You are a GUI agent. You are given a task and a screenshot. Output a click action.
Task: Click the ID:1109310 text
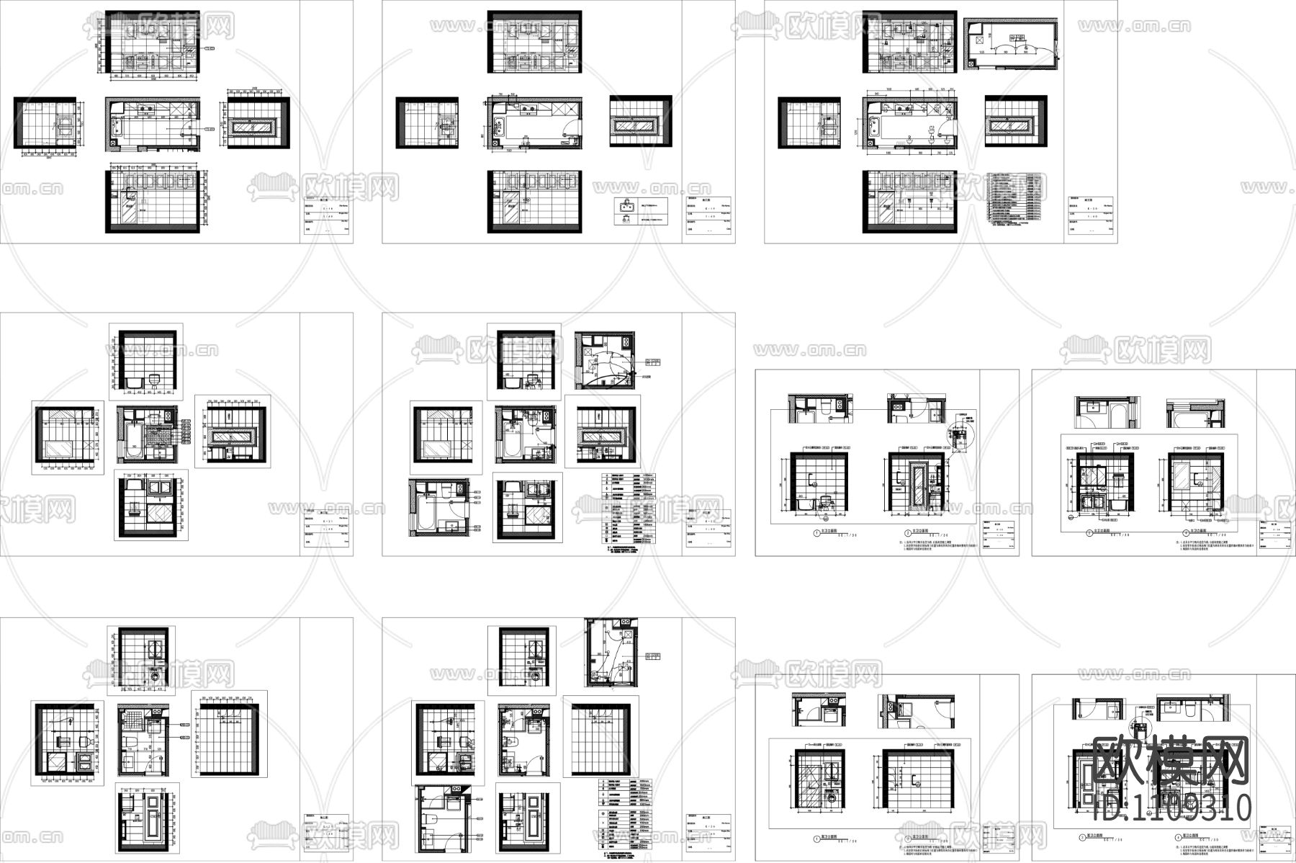pos(1171,807)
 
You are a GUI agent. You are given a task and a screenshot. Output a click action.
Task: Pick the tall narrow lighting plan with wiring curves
pos(611,652)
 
